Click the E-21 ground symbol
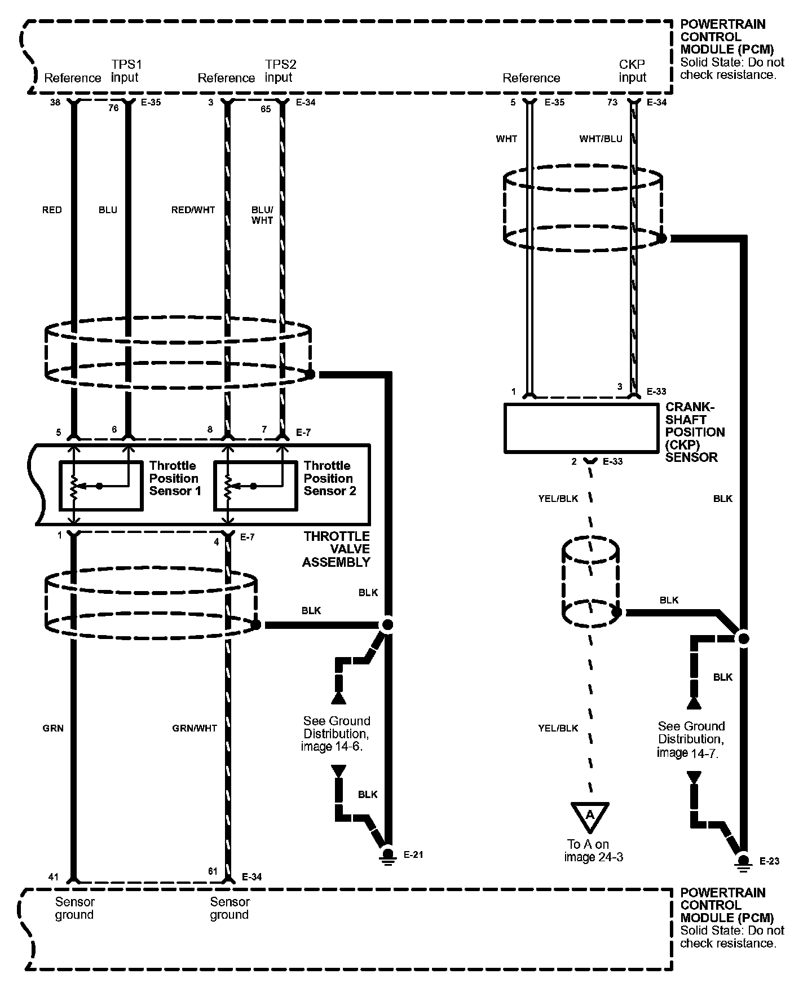coord(388,856)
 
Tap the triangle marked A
coord(590,816)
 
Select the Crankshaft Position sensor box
coord(581,428)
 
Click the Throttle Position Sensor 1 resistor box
coord(101,486)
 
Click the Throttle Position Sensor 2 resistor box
coord(255,486)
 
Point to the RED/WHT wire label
coord(193,210)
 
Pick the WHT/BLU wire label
coord(601,139)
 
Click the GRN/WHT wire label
coord(194,728)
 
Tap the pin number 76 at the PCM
coord(114,108)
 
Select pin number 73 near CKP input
coord(612,103)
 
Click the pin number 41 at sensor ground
coord(53,877)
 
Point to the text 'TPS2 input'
coord(280,71)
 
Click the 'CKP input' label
coord(632,71)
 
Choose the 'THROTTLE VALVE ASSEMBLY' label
coord(336,549)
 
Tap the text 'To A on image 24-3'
coord(590,851)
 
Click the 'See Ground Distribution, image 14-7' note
coord(691,739)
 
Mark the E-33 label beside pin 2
coord(612,461)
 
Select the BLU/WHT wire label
coord(262,215)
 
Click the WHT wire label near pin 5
coord(506,139)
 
